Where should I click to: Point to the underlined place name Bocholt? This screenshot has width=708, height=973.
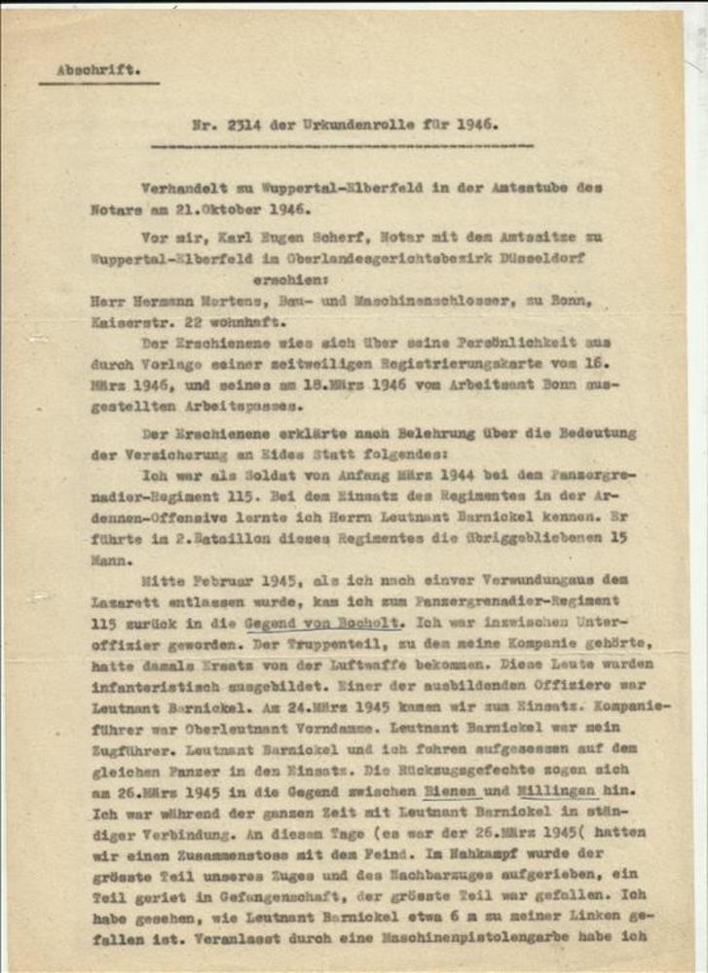point(365,623)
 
